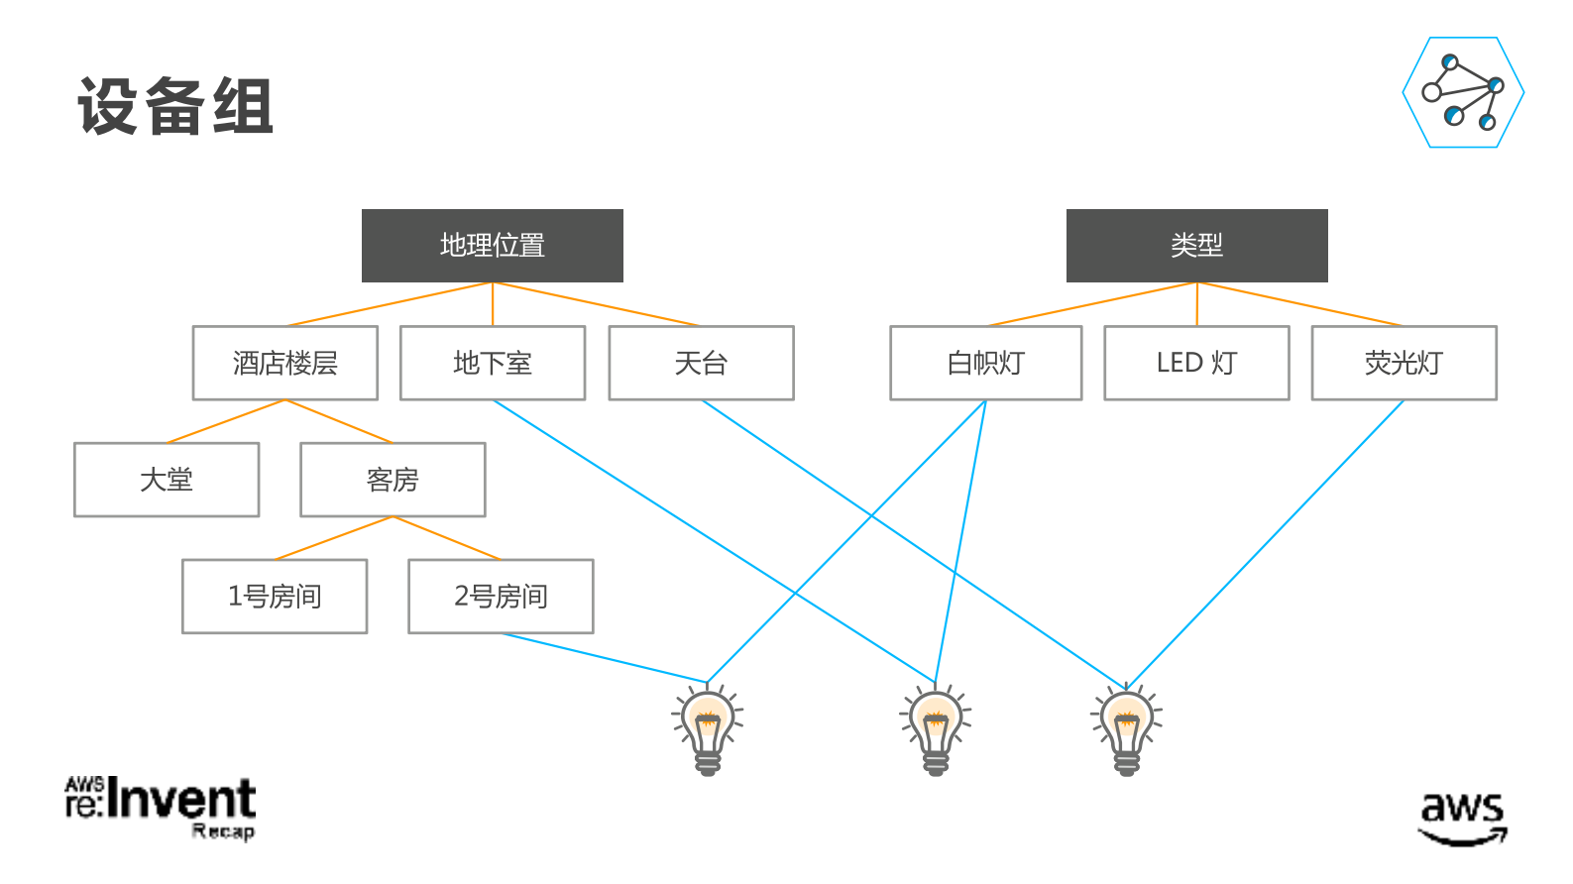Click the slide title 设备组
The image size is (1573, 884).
(x=174, y=106)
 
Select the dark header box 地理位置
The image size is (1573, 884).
(x=492, y=245)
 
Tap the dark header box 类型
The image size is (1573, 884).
(x=1196, y=245)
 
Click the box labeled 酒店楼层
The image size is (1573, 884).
(x=284, y=363)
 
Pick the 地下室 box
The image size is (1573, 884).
(x=492, y=363)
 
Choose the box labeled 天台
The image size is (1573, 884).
(x=701, y=363)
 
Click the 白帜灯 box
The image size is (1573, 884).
(x=985, y=363)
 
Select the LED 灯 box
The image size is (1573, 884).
(x=1196, y=363)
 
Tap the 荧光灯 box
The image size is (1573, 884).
(x=1404, y=363)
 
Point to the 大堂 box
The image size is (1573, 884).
(x=166, y=480)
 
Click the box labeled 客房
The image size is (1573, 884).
(x=393, y=480)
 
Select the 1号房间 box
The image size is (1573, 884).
(x=275, y=597)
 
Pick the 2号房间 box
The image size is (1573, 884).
(x=501, y=597)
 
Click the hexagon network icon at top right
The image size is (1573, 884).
(x=1463, y=92)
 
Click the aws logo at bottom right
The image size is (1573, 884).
(x=1462, y=819)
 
